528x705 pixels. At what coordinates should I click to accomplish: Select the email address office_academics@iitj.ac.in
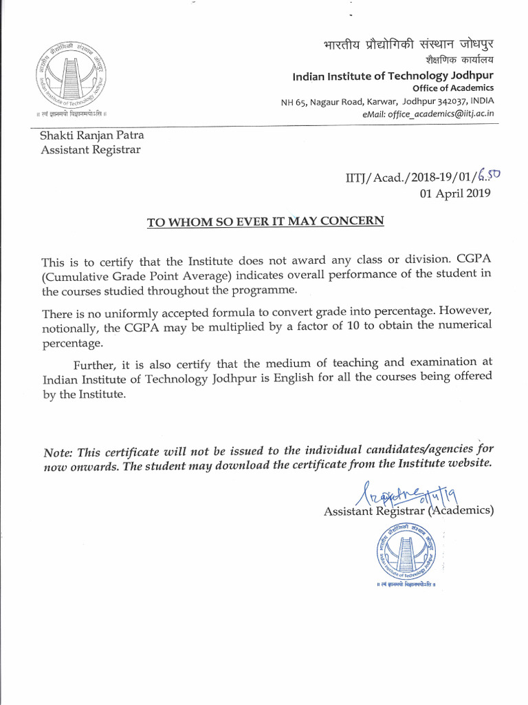coord(440,114)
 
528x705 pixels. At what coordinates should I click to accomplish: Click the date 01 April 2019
coord(455,193)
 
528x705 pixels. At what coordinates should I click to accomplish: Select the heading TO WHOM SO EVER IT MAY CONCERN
coord(266,222)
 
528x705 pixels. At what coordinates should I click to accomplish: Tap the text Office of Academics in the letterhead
coord(453,88)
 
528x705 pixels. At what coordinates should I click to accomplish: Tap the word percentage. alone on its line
coord(73,342)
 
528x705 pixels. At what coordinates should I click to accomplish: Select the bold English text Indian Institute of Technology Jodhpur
coord(393,75)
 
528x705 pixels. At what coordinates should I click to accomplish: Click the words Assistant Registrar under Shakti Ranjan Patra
coord(91,149)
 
